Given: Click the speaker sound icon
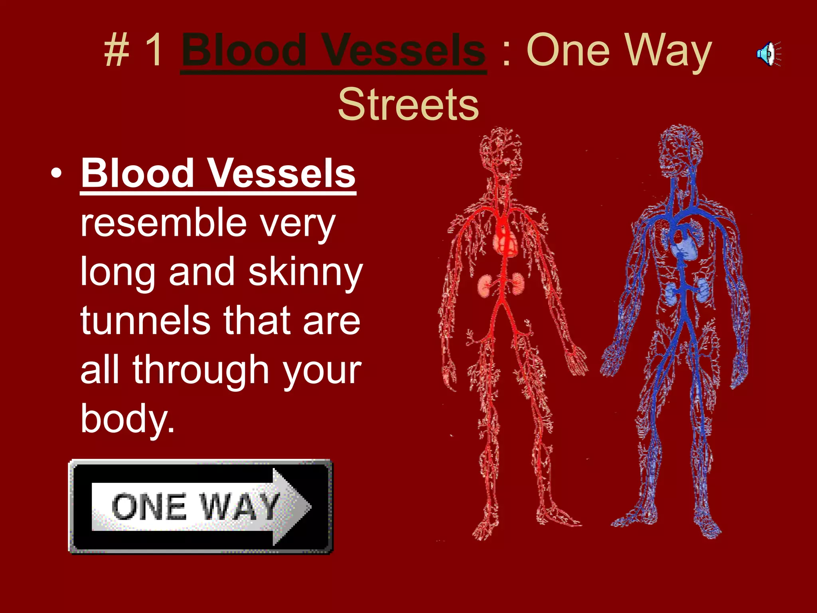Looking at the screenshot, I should click(768, 54).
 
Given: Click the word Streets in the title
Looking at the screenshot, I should click(408, 105).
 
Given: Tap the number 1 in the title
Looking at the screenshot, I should click(154, 51).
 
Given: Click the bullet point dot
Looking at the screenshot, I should click(57, 174).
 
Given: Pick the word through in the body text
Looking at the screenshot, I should click(201, 370).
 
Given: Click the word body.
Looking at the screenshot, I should click(127, 419).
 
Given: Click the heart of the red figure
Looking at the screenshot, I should click(506, 241).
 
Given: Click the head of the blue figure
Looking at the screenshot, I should click(679, 152).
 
